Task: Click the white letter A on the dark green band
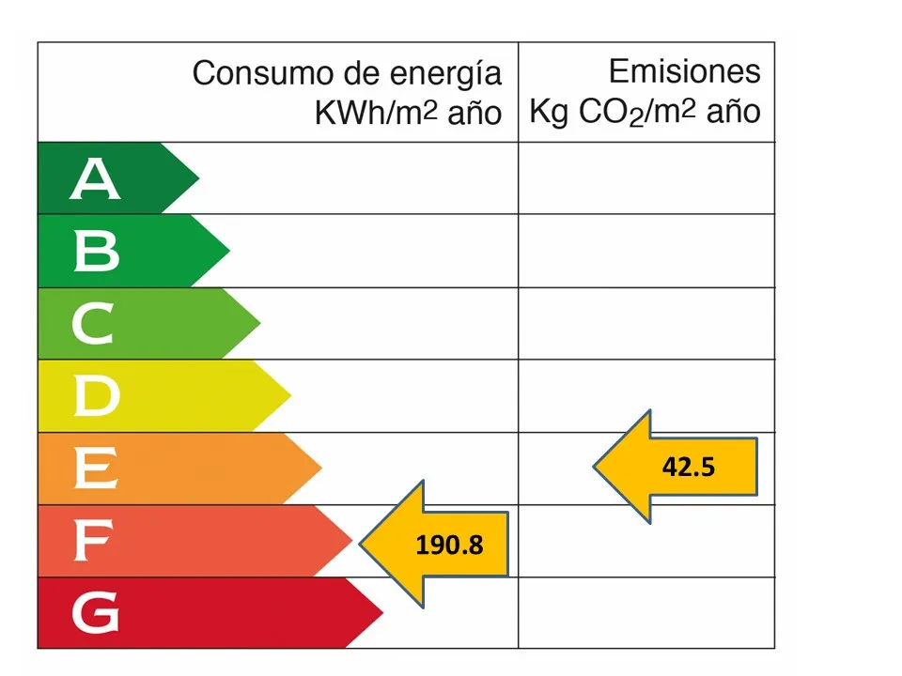click(95, 179)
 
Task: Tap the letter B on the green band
click(96, 252)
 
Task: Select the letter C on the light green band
click(92, 324)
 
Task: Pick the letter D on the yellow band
click(96, 396)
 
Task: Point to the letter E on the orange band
click(95, 469)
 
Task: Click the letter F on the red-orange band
click(93, 541)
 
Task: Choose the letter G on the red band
click(95, 613)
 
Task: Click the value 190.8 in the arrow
click(449, 544)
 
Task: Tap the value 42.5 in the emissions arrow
click(688, 467)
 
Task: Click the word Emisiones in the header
click(684, 71)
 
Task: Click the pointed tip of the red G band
click(383, 613)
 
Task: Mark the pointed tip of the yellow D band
click(291, 396)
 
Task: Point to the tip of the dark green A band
click(199, 178)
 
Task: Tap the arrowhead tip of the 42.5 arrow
click(594, 466)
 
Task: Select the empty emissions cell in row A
click(646, 178)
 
